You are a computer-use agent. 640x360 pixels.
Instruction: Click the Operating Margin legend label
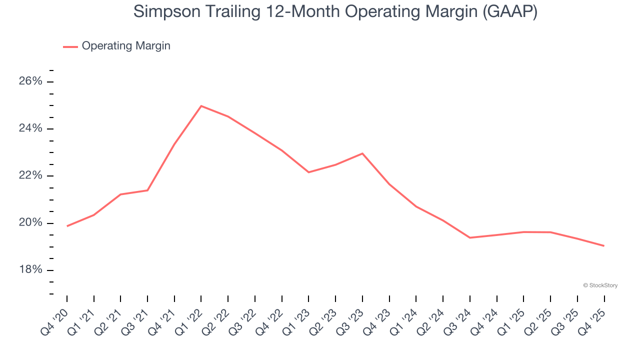pos(126,46)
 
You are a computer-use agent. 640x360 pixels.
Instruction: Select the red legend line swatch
pos(70,46)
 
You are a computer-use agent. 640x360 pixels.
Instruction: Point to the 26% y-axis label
pos(30,81)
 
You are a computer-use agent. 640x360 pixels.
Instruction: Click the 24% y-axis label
pos(30,128)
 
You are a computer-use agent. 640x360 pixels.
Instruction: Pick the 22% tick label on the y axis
pos(30,175)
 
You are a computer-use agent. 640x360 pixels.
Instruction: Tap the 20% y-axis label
pos(30,222)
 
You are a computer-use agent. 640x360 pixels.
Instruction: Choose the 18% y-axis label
pos(30,270)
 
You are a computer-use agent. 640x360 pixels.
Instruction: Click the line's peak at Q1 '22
pos(201,106)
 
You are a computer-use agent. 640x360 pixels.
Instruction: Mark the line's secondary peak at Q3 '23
pos(362,153)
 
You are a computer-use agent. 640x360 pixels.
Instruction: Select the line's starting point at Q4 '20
pos(67,226)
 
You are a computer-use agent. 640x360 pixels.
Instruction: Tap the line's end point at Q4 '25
pos(604,245)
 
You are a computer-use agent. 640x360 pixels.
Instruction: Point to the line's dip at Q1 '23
pos(308,172)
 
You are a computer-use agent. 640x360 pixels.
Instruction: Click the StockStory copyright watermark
pos(600,285)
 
